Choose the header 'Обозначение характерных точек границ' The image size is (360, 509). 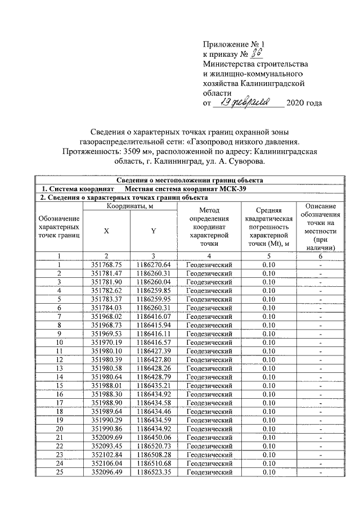(x=58, y=229)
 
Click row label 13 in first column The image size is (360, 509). (x=58, y=368)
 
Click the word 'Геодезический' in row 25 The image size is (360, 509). (x=209, y=472)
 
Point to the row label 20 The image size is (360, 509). (x=58, y=429)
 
